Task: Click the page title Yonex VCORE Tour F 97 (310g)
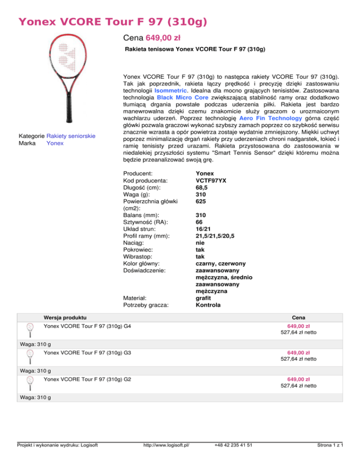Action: point(112,22)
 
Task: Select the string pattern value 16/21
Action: point(204,229)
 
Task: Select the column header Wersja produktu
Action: point(64,318)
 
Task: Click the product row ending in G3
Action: point(87,352)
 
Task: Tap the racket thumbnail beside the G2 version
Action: point(30,382)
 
